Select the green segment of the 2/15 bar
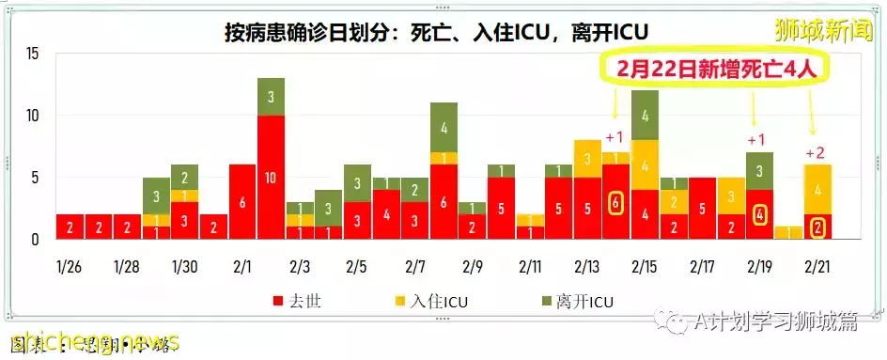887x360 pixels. pyautogui.click(x=645, y=116)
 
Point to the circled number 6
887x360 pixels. pyautogui.click(x=616, y=201)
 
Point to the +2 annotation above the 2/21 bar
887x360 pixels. pyautogui.click(x=816, y=153)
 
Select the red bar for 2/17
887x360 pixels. pyautogui.click(x=702, y=208)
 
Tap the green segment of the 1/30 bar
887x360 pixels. pyautogui.click(x=185, y=178)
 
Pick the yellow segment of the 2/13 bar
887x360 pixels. pyautogui.click(x=588, y=159)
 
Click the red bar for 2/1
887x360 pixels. pyautogui.click(x=242, y=201)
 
